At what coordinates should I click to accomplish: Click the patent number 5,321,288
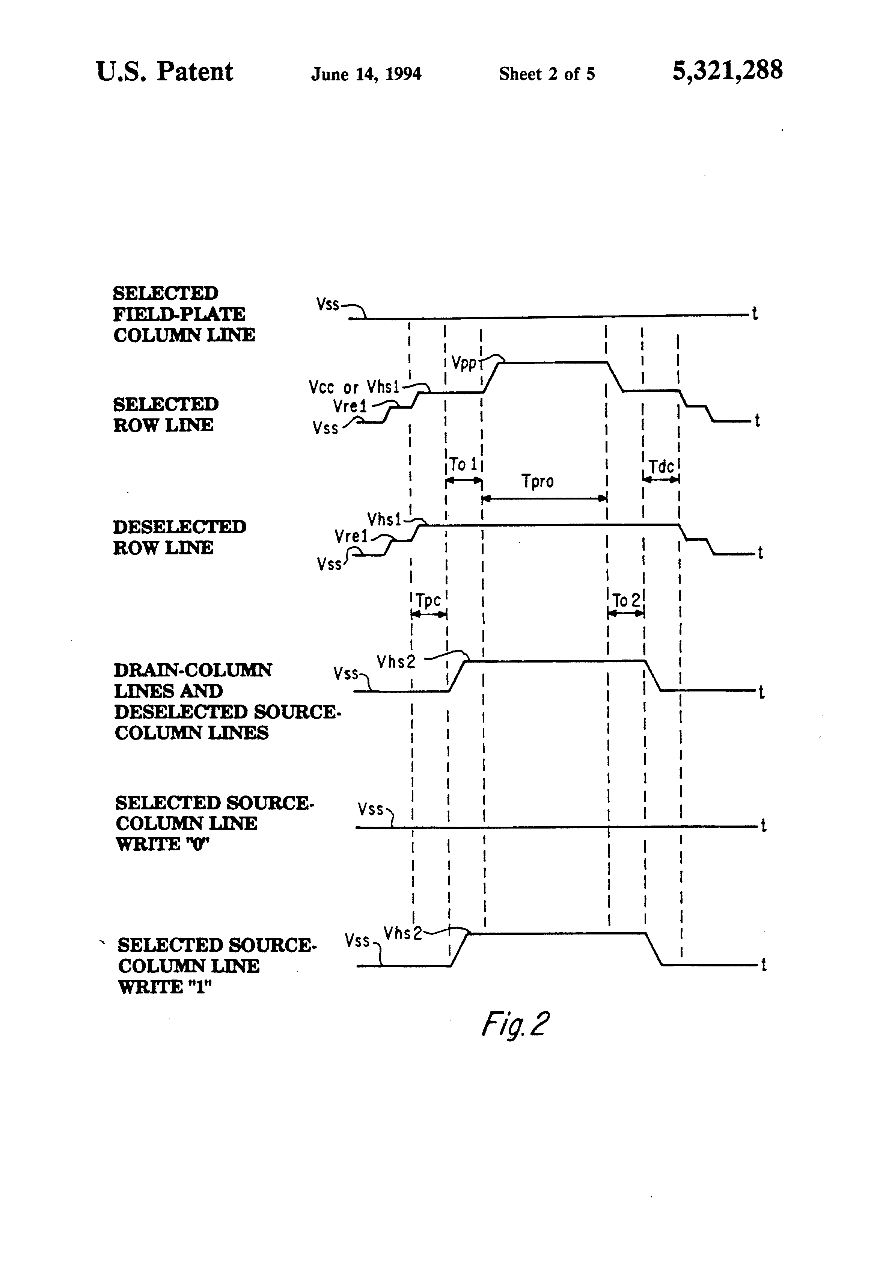coord(727,71)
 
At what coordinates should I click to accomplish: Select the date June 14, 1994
coord(366,74)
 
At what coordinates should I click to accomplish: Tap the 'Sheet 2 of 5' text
coord(547,74)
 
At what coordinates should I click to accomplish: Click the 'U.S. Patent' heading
coord(164,72)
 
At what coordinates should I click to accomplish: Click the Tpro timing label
coord(537,482)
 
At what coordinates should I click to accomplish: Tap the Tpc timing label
coord(428,600)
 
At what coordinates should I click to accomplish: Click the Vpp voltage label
coord(464,364)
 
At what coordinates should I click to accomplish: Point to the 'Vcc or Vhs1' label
coord(354,387)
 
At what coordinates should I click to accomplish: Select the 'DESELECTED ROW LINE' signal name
coord(179,537)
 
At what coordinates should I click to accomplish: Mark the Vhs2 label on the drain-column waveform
coord(396,661)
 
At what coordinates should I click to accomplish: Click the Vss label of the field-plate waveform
coord(328,303)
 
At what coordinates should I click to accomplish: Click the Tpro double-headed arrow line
coord(544,498)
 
